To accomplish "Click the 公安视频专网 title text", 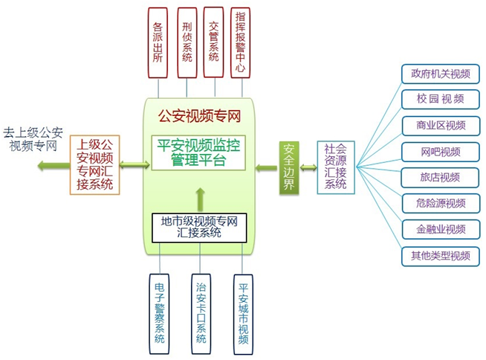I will point(200,116).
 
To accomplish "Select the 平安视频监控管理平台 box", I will point(198,152).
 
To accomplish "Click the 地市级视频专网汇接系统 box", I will point(199,227).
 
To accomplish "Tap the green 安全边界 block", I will point(289,168).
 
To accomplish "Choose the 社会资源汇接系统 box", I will point(334,167).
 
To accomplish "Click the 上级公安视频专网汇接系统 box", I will point(95,164).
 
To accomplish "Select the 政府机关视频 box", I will point(440,74).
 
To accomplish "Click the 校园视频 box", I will point(440,100).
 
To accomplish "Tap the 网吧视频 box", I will point(440,152).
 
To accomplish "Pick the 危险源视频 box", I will point(440,203).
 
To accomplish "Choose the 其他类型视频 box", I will point(440,255).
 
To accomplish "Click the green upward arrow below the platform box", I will point(199,197).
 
